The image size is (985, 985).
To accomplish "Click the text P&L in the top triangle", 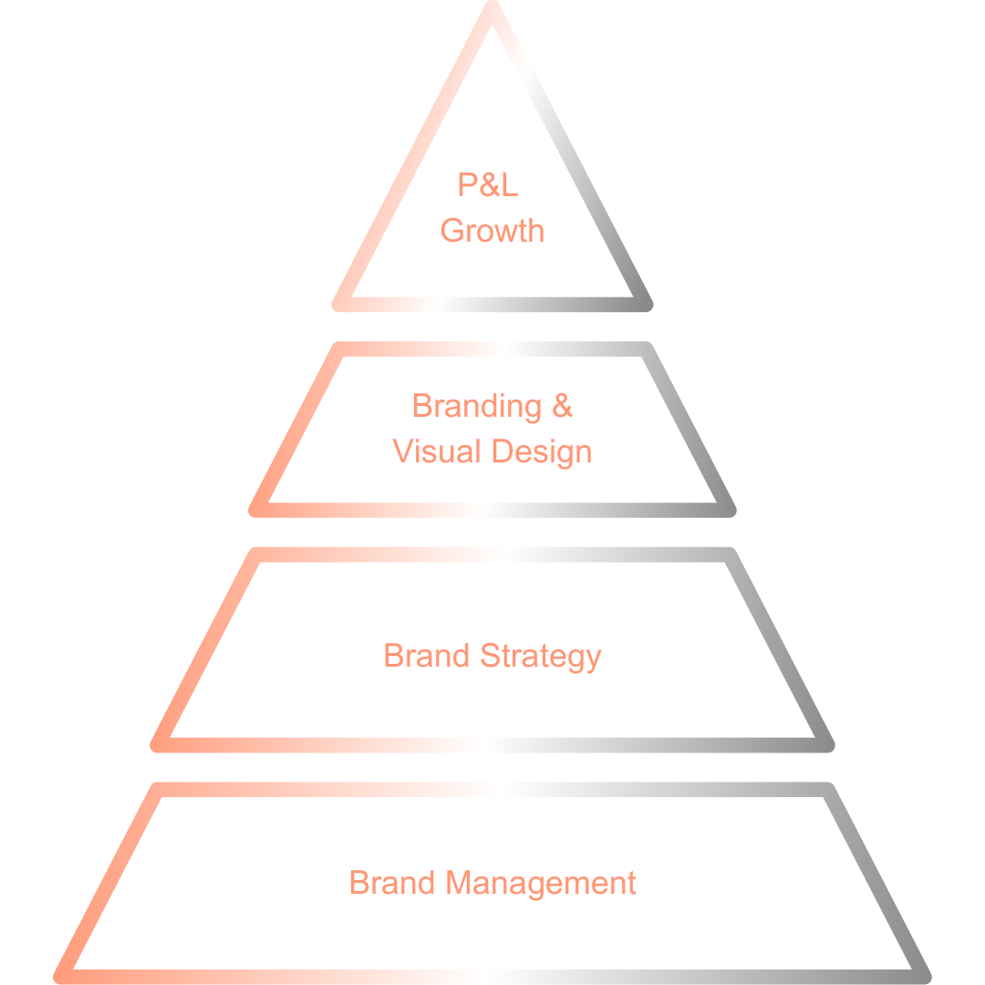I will pos(488,186).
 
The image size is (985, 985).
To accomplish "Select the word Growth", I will pos(493,231).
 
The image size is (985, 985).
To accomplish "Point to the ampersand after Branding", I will pos(563,406).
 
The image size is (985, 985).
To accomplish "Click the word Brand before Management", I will pos(392,883).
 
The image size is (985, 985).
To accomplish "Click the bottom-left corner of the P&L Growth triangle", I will pos(338,305).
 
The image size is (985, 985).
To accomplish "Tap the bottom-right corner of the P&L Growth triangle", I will pos(647,305).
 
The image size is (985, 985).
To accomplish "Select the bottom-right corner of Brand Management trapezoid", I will pos(923,977).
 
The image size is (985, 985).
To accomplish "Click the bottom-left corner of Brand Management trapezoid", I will pos(61,977).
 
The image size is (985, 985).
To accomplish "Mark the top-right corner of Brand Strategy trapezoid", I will pos(729,555).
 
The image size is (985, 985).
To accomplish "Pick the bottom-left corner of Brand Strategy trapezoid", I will pos(158,745).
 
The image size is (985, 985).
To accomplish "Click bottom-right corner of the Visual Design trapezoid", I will pos(729,510).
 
